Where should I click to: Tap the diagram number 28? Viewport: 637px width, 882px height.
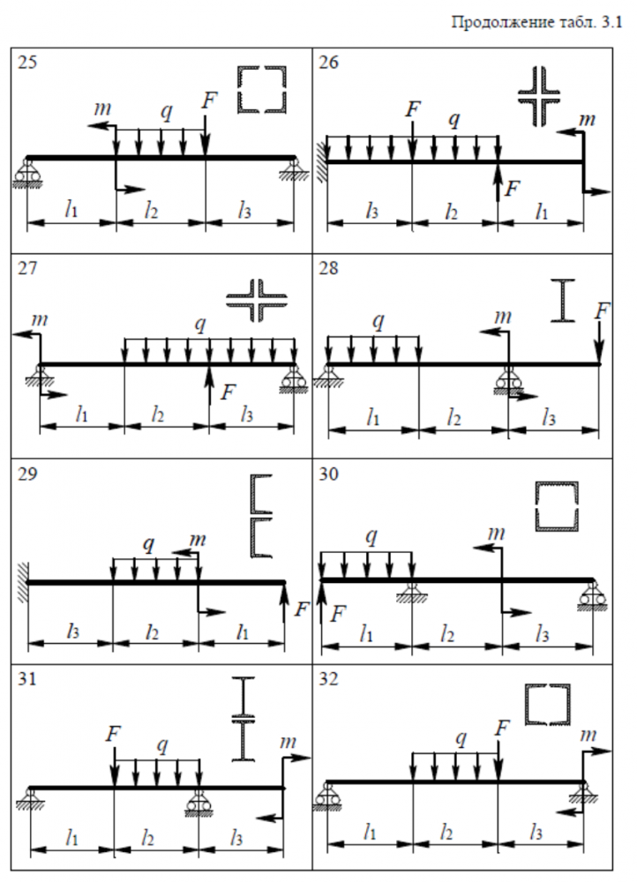(330, 268)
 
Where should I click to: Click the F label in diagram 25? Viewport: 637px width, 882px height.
(208, 100)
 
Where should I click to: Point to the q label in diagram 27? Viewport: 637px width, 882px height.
(201, 324)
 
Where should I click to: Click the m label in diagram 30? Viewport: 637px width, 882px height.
(497, 532)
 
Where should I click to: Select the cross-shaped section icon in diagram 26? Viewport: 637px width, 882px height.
(540, 93)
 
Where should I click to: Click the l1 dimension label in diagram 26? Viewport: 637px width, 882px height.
(539, 212)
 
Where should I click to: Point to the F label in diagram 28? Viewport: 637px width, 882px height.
(602, 310)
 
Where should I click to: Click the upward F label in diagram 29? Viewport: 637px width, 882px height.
(302, 609)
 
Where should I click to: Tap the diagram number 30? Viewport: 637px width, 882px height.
(330, 475)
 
